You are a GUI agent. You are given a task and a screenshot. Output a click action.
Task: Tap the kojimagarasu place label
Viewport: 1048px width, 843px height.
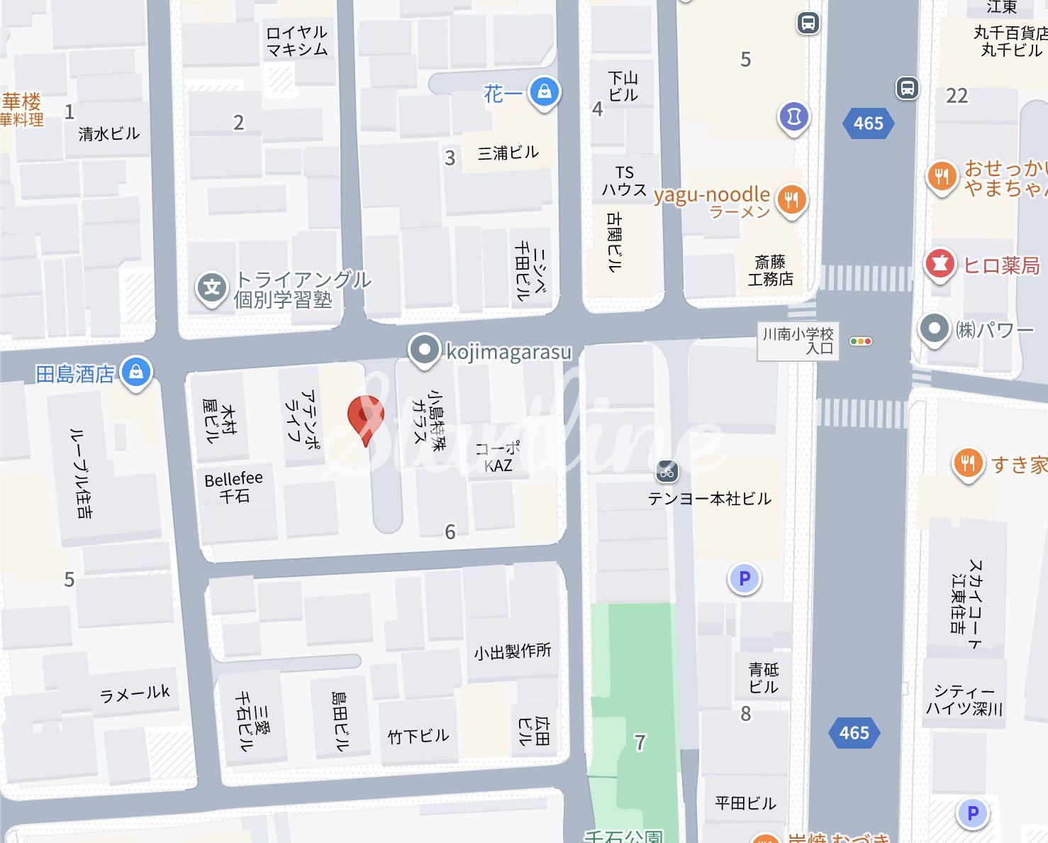click(x=508, y=351)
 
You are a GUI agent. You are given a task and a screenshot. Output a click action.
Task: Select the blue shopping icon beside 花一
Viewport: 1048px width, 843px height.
click(x=545, y=92)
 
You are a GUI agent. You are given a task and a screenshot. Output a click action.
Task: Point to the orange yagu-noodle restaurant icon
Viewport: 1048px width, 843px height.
click(x=791, y=199)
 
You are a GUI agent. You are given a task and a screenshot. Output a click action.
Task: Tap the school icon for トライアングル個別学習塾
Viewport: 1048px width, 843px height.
click(x=211, y=287)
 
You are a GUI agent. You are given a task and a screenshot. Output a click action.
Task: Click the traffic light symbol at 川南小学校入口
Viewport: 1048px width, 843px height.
click(x=860, y=341)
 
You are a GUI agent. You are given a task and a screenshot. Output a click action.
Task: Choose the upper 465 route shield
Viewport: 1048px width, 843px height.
click(x=868, y=123)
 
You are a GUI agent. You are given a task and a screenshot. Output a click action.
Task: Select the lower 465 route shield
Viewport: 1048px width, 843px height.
click(x=854, y=733)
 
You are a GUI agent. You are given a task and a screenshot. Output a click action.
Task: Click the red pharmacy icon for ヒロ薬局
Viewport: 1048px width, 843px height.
click(x=940, y=264)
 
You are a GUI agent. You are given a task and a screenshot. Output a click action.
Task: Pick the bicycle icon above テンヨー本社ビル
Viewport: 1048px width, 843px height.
click(x=667, y=470)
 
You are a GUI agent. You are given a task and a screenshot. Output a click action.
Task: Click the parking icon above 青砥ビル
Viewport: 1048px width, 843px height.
click(x=745, y=578)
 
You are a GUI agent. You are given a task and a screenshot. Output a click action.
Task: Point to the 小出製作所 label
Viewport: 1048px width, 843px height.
click(x=512, y=651)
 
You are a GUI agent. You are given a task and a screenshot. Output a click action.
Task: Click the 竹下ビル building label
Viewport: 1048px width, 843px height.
click(x=418, y=737)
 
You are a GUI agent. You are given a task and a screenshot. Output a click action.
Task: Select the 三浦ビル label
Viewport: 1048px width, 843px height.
click(x=508, y=153)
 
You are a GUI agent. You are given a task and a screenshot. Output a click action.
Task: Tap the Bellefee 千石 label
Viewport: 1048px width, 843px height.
click(x=233, y=487)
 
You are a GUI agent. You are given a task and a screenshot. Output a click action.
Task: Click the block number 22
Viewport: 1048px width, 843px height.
click(x=957, y=96)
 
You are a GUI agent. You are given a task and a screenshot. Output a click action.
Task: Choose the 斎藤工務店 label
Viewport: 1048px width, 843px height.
click(x=770, y=271)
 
